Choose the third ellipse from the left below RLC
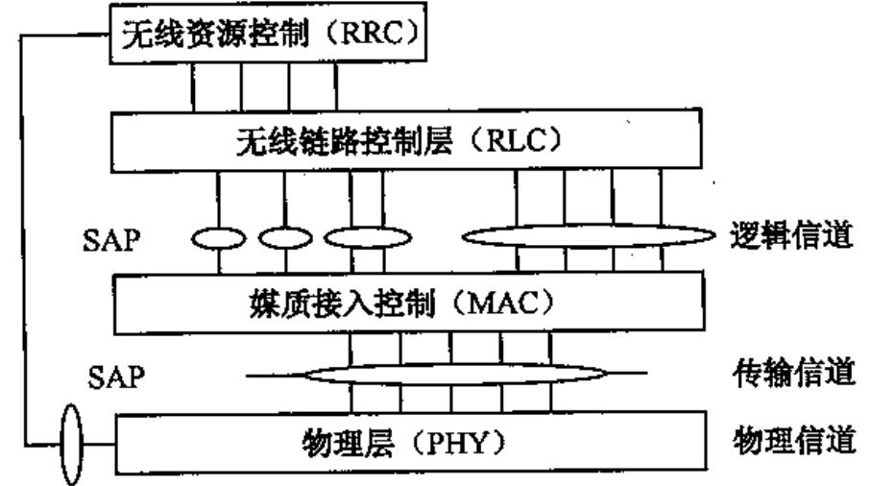[368, 236]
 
